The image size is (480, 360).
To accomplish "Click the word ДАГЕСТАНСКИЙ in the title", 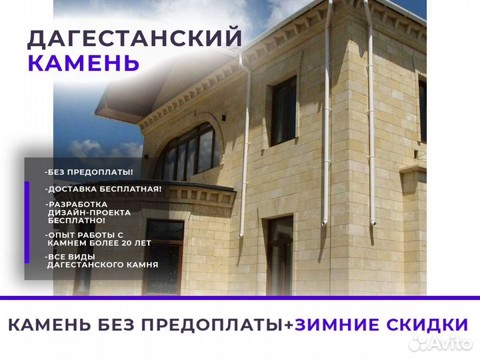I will coord(134,39).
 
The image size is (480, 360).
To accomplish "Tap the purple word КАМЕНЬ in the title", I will coord(84,63).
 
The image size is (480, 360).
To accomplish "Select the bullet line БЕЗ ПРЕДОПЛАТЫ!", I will coord(89,172).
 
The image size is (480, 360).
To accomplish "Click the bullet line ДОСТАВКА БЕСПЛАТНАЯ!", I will coord(103,189).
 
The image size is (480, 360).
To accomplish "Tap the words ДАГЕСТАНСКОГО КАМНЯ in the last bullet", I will coord(103,265).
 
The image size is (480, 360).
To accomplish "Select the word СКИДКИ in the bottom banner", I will coord(426,325).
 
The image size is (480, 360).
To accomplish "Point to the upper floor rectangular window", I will coord(283,109).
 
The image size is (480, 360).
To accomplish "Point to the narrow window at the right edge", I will coord(423,110).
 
